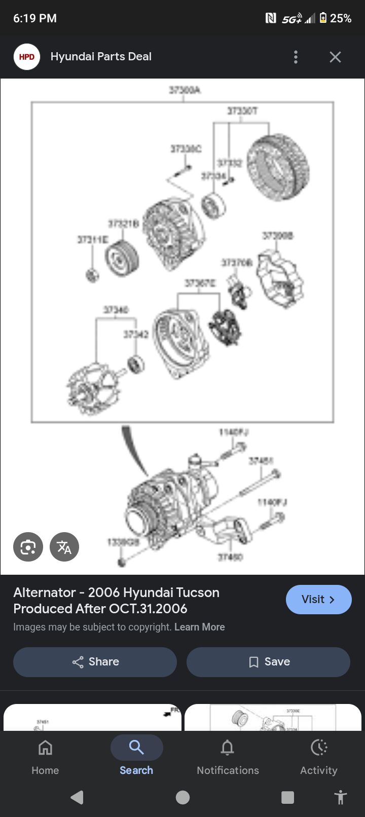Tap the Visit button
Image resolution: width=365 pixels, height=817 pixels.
(318, 600)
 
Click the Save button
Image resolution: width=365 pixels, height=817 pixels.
(268, 662)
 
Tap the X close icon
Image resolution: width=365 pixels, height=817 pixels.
(335, 57)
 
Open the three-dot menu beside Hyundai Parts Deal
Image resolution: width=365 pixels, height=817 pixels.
(296, 57)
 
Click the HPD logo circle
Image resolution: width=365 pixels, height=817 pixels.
(27, 57)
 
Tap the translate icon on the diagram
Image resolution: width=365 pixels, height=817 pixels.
(64, 547)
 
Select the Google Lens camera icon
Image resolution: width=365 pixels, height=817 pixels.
(28, 547)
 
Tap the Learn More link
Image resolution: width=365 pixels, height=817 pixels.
(199, 627)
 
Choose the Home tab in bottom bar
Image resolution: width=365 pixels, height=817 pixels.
(45, 756)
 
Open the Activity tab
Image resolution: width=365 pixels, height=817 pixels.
(318, 756)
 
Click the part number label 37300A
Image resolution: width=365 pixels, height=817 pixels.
(185, 90)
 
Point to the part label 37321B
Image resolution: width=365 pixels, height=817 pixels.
(123, 224)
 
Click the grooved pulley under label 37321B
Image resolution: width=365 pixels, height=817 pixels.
(122, 257)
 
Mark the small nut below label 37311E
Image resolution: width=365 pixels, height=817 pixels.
(92, 275)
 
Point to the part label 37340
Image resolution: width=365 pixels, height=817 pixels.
(116, 310)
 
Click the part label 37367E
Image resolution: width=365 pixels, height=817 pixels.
(200, 283)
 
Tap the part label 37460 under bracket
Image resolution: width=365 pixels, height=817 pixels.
(231, 557)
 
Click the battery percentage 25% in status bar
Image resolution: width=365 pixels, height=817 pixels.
(341, 19)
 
